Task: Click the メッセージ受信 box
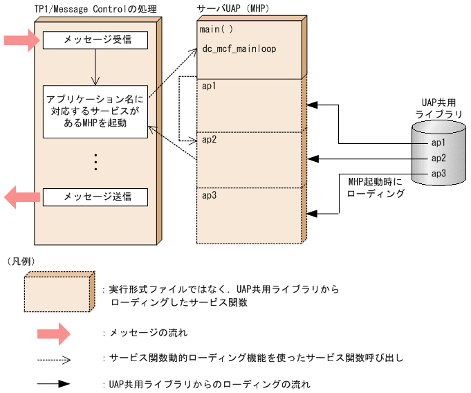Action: pos(95,40)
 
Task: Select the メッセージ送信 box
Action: pos(95,197)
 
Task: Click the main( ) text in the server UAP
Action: pos(217,31)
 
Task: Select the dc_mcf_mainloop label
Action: pos(239,50)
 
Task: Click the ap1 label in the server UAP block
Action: pos(209,86)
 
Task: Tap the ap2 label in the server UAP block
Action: pos(209,139)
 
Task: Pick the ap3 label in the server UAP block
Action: pos(209,196)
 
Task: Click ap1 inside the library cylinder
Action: pos(438,143)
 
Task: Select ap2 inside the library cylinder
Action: pos(438,158)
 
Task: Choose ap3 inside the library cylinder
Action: pos(438,173)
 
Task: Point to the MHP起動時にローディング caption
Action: pos(376,188)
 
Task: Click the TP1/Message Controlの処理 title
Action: pos(90,8)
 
